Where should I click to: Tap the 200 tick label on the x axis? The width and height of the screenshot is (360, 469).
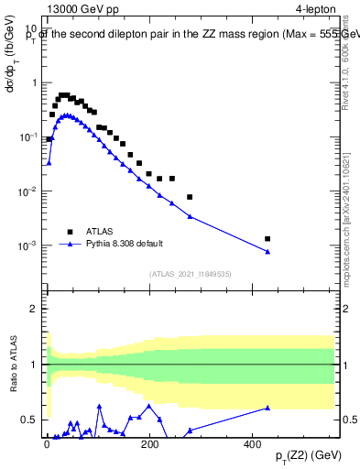[x=149, y=443]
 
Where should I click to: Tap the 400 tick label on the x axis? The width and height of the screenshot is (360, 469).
[x=253, y=443]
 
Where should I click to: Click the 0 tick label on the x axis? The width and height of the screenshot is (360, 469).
[x=47, y=443]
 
